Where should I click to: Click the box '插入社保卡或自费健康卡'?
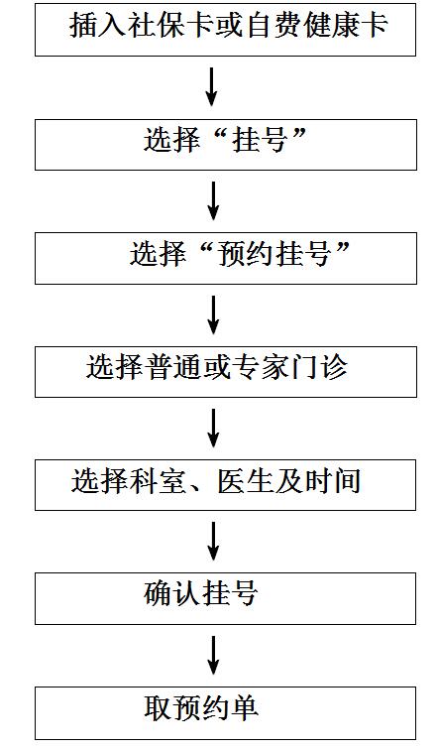tap(226, 30)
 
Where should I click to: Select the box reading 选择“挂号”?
tap(226, 145)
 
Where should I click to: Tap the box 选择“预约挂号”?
tap(226, 258)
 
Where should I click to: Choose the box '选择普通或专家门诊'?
tap(226, 372)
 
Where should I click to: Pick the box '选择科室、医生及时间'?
tap(226, 485)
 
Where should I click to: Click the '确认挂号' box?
tap(226, 598)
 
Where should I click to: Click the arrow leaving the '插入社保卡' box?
tap(212, 87)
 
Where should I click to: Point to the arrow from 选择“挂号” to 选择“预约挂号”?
tap(213, 200)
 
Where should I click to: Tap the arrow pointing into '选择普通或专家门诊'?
tap(213, 314)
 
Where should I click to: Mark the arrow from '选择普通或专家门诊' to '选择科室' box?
tap(213, 429)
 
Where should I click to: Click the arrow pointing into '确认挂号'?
tap(213, 542)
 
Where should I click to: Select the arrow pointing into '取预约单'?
tap(213, 656)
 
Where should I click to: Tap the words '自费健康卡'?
tap(317, 25)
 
